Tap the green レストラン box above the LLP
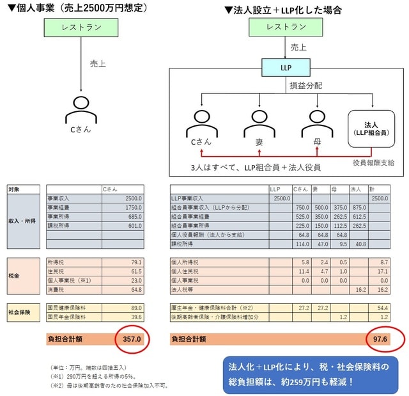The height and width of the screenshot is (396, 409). (286, 28)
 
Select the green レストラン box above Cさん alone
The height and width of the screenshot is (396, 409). (81, 28)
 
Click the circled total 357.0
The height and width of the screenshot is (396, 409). (132, 338)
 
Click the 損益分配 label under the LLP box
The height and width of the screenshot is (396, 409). (304, 86)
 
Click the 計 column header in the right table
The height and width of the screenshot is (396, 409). (382, 189)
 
